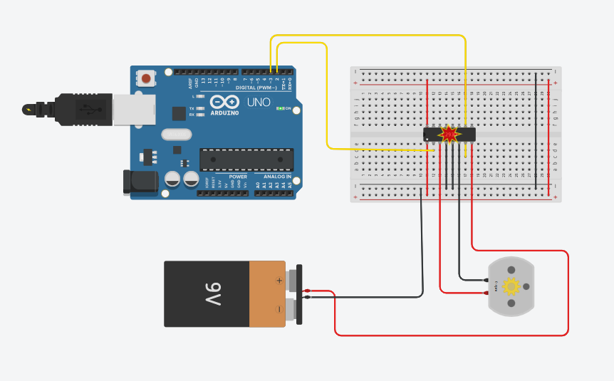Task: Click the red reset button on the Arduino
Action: [147, 78]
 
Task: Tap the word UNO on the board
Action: [259, 103]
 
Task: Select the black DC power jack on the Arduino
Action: [140, 182]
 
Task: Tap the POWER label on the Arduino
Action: [238, 176]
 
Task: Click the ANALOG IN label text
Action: [277, 176]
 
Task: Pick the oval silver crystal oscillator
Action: [177, 134]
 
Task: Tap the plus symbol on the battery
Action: [279, 281]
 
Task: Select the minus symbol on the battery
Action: [279, 309]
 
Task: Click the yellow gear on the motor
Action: [511, 286]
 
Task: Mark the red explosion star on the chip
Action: [449, 133]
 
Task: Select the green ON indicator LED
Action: [281, 109]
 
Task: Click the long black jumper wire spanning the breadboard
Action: [536, 125]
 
